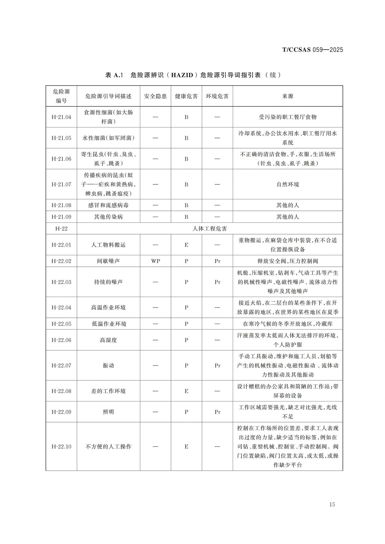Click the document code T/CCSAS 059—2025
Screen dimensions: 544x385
tap(313, 50)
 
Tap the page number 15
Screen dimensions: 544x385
tap(332, 505)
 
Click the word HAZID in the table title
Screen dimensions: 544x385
tap(182, 75)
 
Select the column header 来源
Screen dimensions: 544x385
tap(288, 96)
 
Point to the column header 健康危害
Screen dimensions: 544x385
tap(186, 96)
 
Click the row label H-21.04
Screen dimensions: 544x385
tap(61, 117)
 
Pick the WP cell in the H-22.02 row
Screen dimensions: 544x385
tap(155, 261)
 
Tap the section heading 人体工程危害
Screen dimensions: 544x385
tap(209, 229)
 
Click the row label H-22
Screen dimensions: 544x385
tap(61, 229)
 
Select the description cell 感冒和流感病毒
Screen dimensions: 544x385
tap(108, 205)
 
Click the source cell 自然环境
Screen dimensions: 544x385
tap(288, 184)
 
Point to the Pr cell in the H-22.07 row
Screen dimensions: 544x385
tap(217, 366)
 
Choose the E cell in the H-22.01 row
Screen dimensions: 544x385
tap(186, 245)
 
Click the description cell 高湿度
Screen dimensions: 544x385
tap(108, 340)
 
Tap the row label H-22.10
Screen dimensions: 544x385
tap(61, 447)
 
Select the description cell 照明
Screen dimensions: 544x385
tap(108, 412)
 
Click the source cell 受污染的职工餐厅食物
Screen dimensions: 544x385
tap(288, 117)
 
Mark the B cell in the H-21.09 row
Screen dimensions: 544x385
tap(186, 217)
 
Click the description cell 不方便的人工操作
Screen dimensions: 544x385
tap(108, 447)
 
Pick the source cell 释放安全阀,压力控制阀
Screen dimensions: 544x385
tap(288, 261)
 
